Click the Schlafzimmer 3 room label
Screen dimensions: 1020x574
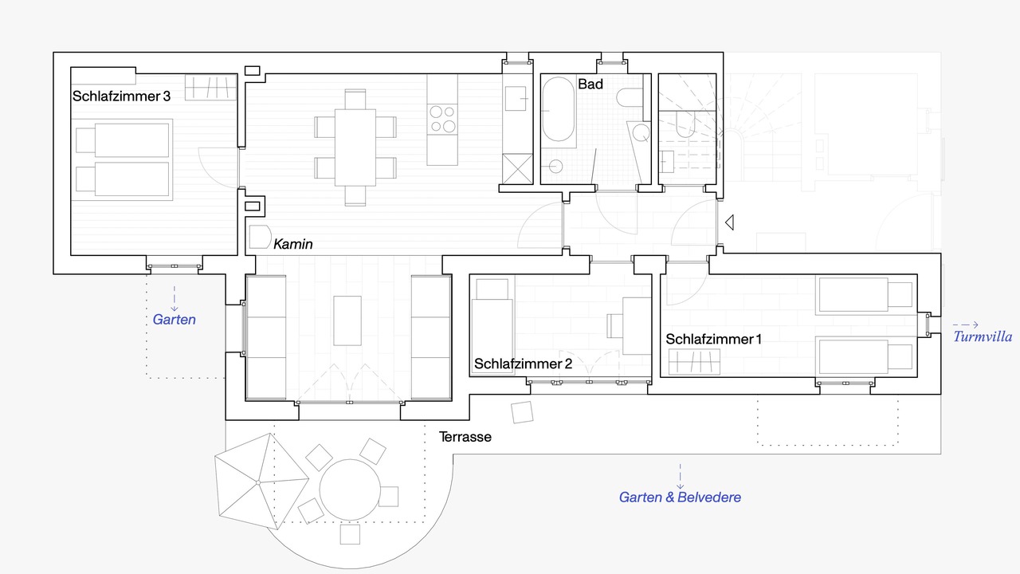(121, 96)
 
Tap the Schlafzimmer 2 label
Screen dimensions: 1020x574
(523, 364)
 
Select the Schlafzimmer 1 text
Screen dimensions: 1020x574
(713, 339)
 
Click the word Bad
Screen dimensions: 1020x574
(590, 84)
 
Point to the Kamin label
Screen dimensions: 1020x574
(292, 244)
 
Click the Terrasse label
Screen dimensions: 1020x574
(465, 437)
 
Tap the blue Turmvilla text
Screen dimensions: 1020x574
(983, 336)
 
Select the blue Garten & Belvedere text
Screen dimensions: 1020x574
(680, 497)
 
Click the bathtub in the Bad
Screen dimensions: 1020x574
(559, 109)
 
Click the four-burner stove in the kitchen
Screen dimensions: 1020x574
(442, 119)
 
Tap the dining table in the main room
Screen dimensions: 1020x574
(355, 147)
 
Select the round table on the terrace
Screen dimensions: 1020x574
(350, 489)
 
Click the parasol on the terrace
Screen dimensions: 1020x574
(261, 481)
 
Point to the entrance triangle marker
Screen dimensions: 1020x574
(729, 222)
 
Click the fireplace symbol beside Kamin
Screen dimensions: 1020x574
(260, 237)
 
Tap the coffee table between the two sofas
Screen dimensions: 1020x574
(347, 320)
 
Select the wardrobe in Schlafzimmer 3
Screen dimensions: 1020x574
(211, 87)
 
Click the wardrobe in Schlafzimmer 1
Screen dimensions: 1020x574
(694, 362)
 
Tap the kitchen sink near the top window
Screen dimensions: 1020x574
(516, 98)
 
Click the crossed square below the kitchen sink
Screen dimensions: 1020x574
(517, 169)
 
